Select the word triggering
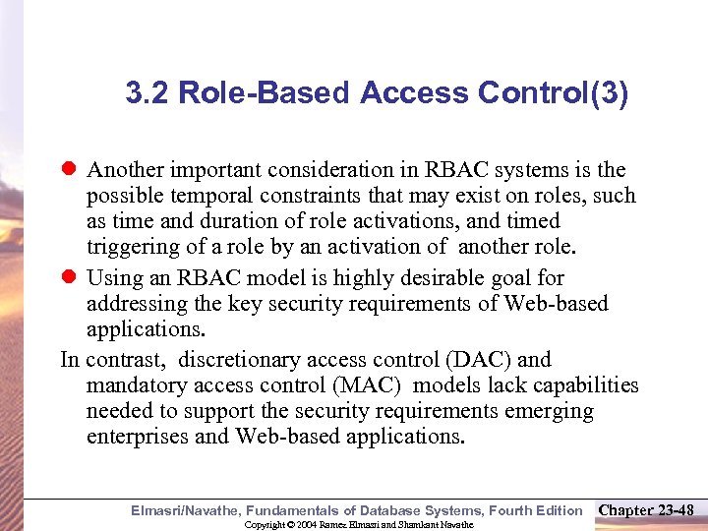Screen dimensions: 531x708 click(128, 247)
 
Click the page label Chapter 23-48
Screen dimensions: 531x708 click(646, 509)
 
